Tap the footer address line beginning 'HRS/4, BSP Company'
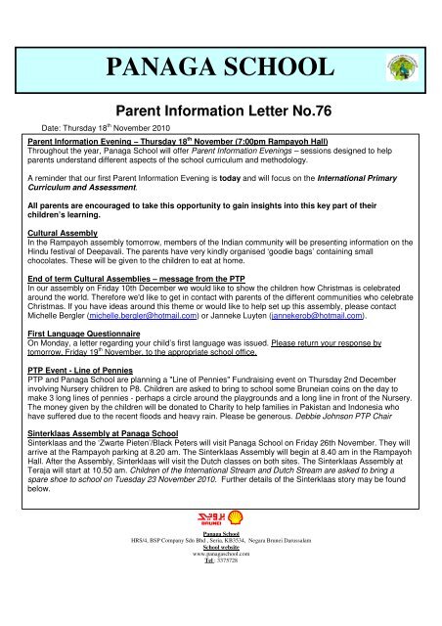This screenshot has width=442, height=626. click(220, 593)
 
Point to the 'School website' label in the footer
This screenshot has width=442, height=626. click(220, 600)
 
